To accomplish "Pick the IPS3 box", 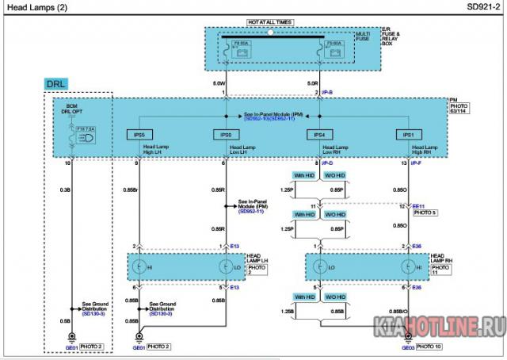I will click(224, 135).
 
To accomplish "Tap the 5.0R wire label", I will click(312, 82).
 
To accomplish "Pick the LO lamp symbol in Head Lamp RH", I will click(319, 264).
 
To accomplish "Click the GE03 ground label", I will click(407, 347).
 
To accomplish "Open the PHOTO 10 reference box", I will click(429, 347).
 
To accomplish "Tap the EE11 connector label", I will click(419, 206).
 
